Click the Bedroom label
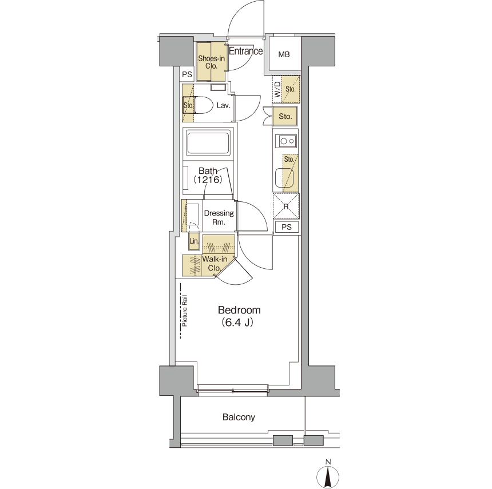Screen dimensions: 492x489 (239, 310)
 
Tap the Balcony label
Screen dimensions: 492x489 (239, 417)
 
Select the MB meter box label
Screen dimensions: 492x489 (284, 54)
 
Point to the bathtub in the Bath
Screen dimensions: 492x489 (208, 143)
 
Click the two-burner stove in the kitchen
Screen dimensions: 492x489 (287, 141)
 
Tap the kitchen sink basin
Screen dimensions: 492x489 (284, 178)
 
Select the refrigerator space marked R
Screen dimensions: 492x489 (286, 206)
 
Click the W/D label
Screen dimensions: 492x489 (277, 89)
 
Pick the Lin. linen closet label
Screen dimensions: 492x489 (195, 241)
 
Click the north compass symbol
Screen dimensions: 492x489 (328, 475)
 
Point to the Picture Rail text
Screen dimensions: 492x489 (184, 311)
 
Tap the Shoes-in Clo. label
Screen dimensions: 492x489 (212, 62)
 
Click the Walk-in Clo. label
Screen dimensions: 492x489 (215, 264)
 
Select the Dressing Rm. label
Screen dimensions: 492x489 (219, 217)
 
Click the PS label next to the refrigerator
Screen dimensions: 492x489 (287, 227)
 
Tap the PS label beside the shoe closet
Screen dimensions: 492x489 (187, 74)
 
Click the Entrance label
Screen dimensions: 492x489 (245, 51)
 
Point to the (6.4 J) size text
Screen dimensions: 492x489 (237, 322)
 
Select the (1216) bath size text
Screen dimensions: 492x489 (208, 180)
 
